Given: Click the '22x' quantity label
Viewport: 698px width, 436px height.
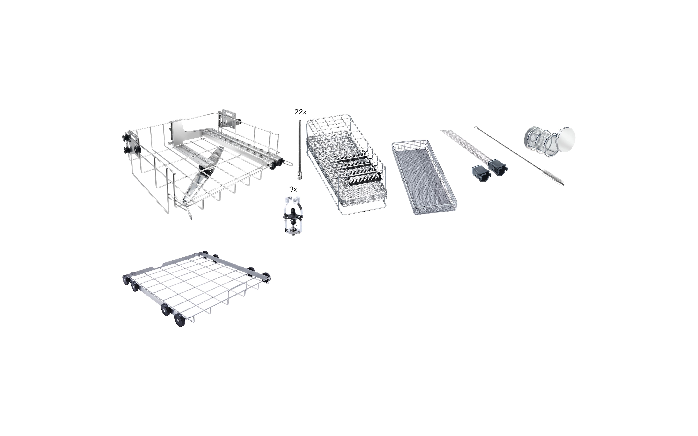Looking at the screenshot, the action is [300, 112].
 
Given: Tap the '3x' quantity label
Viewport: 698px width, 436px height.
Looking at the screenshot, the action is [293, 189].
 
